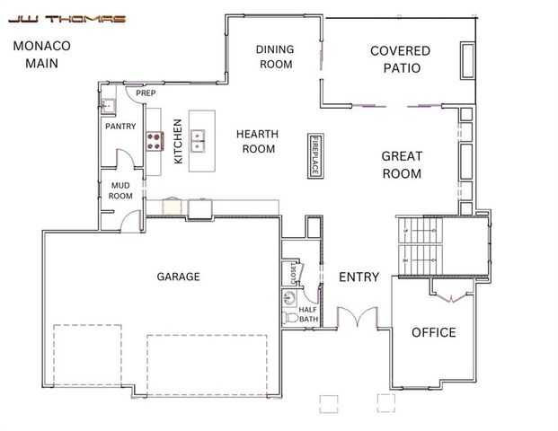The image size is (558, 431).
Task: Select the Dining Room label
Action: [x=276, y=57]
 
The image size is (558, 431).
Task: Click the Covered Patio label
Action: [x=400, y=59]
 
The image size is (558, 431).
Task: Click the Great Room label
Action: [x=402, y=164]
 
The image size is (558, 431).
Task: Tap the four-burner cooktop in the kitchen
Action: [x=155, y=141]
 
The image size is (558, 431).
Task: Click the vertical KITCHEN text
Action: [x=178, y=141]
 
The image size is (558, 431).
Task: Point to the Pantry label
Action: [x=120, y=127]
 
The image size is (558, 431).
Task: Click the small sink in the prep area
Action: [x=108, y=105]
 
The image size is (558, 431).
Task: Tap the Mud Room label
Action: [x=120, y=190]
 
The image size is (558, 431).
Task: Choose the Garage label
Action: [x=178, y=277]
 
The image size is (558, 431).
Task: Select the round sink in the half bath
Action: [x=290, y=297]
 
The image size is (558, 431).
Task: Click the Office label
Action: [x=433, y=332]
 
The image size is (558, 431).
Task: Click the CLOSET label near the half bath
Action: [x=292, y=271]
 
